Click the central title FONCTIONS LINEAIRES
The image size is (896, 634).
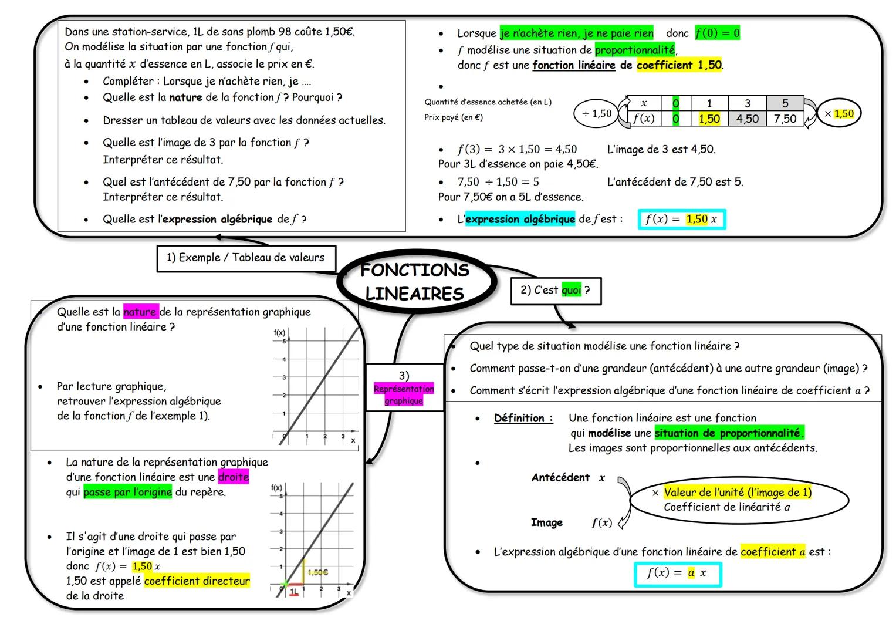coord(415,282)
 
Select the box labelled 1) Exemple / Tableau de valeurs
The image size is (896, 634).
coord(246,258)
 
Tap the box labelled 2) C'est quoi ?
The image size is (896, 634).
coord(555,291)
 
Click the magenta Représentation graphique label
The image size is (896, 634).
coord(404,394)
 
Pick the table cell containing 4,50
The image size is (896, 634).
coord(747,119)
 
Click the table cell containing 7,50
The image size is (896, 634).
coord(785,119)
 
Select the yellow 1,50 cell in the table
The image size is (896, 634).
coord(709,119)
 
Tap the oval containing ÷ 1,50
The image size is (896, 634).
coord(596,114)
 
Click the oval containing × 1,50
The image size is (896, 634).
coord(838,114)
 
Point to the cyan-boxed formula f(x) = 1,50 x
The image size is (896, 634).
coord(681,220)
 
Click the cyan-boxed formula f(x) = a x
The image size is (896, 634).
coord(677,574)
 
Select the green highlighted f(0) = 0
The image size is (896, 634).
coord(717,33)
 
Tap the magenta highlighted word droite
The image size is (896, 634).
coord(233,477)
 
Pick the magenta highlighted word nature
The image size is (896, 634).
coord(140,312)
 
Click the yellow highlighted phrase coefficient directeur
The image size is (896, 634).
coord(197,581)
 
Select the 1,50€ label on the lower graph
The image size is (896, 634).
coord(317,572)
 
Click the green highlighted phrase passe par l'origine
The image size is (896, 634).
coord(127,492)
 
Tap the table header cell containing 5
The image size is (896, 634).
coord(785,104)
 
